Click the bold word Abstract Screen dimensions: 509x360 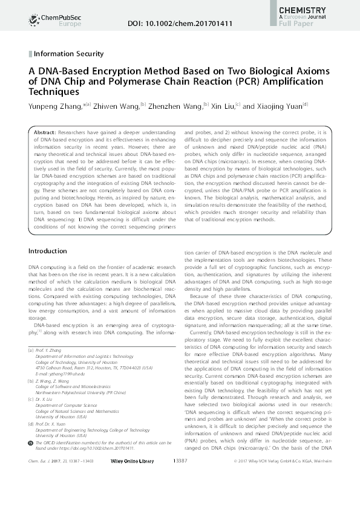pyautogui.click(x=45, y=132)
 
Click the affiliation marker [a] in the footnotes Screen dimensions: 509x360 pyautogui.click(x=31, y=351)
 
